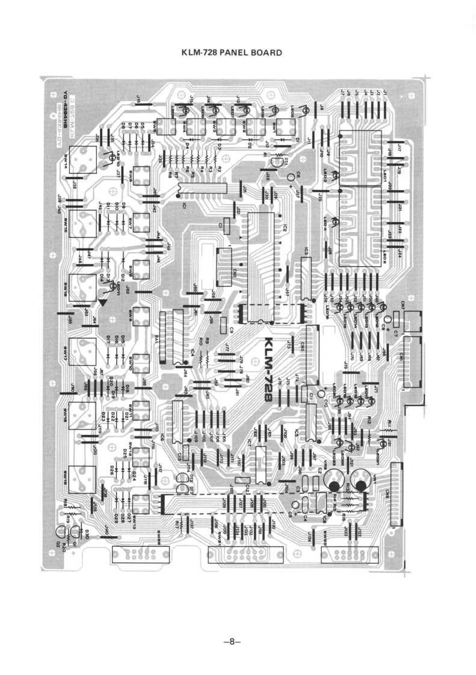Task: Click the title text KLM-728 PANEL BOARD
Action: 232,53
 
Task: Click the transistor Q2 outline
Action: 61,532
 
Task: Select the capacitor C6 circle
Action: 291,177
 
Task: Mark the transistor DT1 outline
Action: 277,161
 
